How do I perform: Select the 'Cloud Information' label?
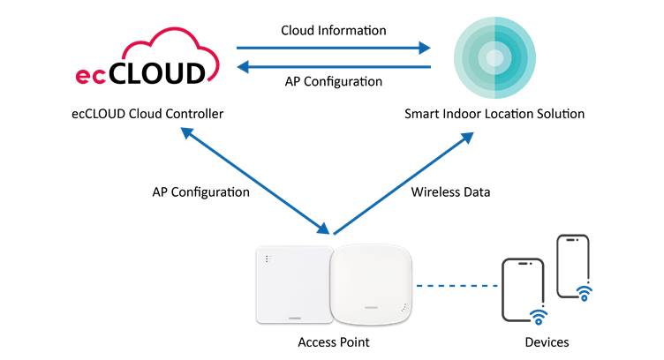(x=333, y=30)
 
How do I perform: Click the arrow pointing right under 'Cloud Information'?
(x=333, y=49)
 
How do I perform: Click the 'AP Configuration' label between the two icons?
(x=333, y=82)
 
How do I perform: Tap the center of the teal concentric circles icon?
(x=494, y=58)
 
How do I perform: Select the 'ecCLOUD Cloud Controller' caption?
(x=147, y=114)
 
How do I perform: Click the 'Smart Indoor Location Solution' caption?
(x=494, y=114)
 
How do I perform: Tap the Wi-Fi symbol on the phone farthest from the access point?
(x=584, y=291)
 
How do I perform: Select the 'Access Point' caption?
(x=332, y=342)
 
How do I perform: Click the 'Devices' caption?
(x=547, y=342)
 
